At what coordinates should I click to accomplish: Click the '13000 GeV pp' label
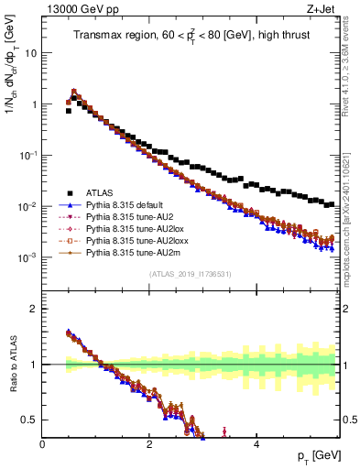click(x=74, y=9)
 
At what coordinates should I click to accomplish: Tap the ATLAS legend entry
click(x=102, y=192)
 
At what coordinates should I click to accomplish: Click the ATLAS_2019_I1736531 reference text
click(x=190, y=274)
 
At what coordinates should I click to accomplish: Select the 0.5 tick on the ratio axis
click(x=29, y=420)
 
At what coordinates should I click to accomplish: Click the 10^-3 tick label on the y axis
click(x=27, y=257)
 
